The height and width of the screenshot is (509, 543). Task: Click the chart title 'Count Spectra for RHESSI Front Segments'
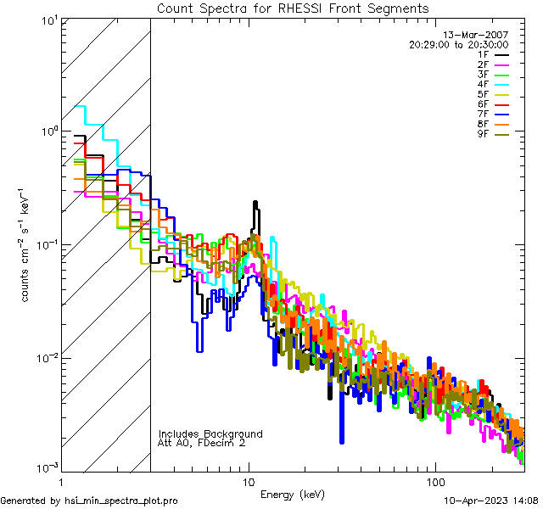pyautogui.click(x=293, y=8)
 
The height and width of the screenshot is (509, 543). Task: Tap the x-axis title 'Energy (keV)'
pyautogui.click(x=292, y=495)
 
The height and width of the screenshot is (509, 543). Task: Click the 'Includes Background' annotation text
pyautogui.click(x=210, y=433)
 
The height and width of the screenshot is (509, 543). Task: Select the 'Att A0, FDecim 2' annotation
pyautogui.click(x=202, y=443)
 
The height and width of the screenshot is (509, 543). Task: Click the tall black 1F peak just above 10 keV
pyautogui.click(x=255, y=206)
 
